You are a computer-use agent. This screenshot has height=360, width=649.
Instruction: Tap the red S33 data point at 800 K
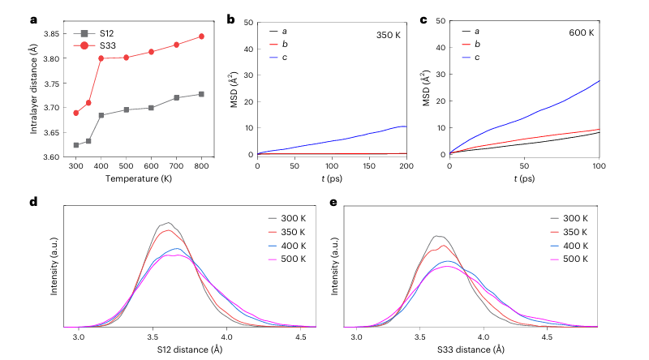[x=201, y=36]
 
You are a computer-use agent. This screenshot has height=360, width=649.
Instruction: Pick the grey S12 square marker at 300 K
[x=75, y=145]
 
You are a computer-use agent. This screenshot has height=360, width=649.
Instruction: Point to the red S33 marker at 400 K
[x=101, y=58]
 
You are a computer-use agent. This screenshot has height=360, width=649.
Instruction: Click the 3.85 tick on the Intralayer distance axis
[x=52, y=34]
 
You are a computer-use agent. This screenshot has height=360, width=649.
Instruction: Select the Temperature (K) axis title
[x=138, y=177]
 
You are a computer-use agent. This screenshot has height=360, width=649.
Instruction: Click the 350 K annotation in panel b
[x=389, y=36]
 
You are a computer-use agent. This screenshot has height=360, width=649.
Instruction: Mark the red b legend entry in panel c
[x=475, y=44]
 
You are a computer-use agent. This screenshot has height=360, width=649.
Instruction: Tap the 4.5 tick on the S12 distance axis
[x=301, y=335]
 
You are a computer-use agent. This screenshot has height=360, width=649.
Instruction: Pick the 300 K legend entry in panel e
[x=578, y=218]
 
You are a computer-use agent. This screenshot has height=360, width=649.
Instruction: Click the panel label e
[x=333, y=200]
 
